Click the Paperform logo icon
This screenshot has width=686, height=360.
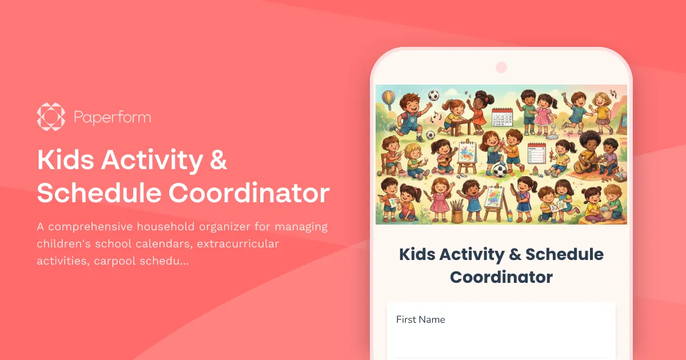click(51, 117)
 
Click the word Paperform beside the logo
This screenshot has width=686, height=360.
click(112, 118)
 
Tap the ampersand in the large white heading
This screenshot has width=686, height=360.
click(218, 161)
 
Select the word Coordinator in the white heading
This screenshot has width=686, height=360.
click(249, 194)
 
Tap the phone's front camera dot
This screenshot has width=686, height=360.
click(501, 67)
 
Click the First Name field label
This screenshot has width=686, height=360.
click(420, 319)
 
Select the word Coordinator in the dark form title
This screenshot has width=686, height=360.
click(501, 277)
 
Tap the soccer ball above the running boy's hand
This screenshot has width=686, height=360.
click(433, 95)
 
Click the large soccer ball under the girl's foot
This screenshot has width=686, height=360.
click(500, 170)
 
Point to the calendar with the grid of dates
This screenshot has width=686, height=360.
click(502, 118)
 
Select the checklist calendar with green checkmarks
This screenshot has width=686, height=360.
click(537, 154)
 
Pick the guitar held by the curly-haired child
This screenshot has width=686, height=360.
click(587, 163)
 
